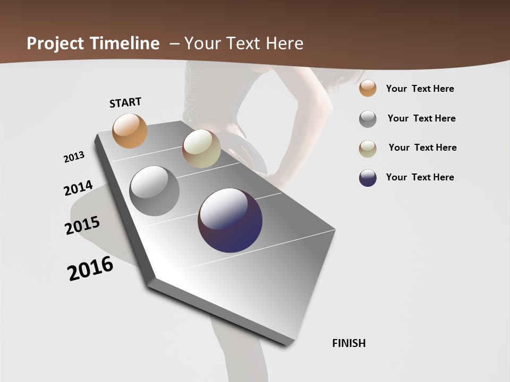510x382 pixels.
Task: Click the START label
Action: [x=125, y=102]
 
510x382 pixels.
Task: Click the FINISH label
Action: [x=349, y=343]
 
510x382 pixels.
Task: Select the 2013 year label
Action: [x=74, y=157]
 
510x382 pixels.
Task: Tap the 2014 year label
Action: [x=78, y=188]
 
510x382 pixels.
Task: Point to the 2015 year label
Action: [x=82, y=225]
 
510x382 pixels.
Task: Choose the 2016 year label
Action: [x=90, y=268]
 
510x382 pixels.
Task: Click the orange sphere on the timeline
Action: [x=130, y=131]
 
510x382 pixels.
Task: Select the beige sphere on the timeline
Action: [x=201, y=149]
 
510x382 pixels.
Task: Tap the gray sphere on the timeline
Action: [x=155, y=191]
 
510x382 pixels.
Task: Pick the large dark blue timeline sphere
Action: [x=230, y=220]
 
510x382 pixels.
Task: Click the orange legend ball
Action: [x=368, y=89]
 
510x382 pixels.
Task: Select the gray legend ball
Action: [x=368, y=119]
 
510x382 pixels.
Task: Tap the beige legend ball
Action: [x=368, y=148]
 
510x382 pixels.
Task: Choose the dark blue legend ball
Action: [x=368, y=178]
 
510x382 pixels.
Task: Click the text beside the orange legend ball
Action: [x=420, y=89]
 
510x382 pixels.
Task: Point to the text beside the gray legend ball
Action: [x=421, y=118]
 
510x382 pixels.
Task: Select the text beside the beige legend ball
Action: [x=422, y=147]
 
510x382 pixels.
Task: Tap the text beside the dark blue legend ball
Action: [x=420, y=177]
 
